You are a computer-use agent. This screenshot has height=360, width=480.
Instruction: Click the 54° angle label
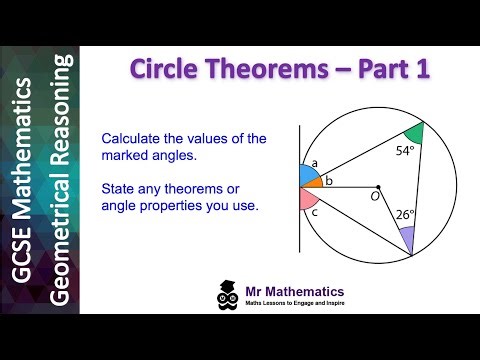point(404,151)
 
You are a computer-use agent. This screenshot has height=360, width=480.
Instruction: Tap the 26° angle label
point(405,213)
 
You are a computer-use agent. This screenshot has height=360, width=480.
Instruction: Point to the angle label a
point(314,162)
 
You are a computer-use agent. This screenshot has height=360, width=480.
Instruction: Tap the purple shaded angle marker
point(406,238)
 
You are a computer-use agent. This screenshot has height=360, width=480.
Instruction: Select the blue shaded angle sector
point(307,176)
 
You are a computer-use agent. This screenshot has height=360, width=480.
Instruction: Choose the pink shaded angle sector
point(307,198)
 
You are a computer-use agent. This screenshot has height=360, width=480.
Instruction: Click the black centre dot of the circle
point(378,186)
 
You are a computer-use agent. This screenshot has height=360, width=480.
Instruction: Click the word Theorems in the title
point(258,70)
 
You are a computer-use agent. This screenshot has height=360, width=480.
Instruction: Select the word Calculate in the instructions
point(163,138)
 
